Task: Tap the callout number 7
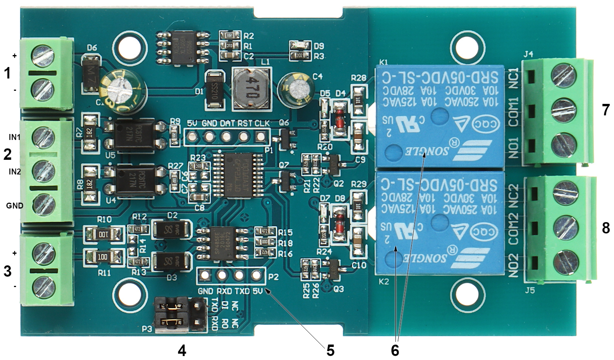point(605,110)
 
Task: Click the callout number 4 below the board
point(182,350)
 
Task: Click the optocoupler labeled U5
point(133,134)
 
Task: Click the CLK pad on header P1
point(261,138)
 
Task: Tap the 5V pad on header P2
point(256,275)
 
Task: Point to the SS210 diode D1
point(215,90)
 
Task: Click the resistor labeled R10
point(103,235)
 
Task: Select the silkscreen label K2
point(384,282)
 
